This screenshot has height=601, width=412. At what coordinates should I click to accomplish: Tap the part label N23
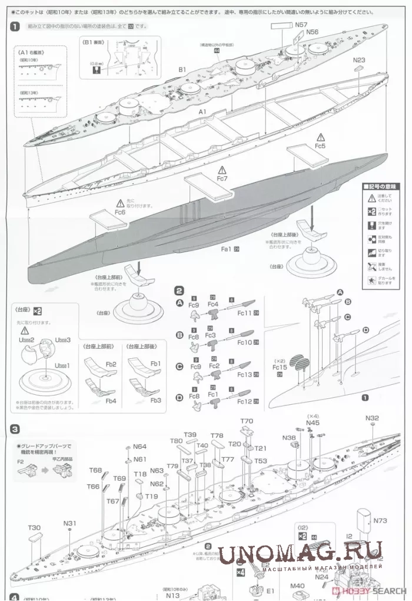pos(359,60)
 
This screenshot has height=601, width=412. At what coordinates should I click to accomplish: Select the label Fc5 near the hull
pos(320,145)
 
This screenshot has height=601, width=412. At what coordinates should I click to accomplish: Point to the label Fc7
pos(222,177)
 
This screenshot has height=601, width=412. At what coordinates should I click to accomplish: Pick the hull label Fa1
pos(225,250)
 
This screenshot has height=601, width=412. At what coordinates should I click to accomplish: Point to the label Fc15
pos(280,366)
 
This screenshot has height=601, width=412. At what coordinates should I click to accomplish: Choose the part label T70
pos(247,421)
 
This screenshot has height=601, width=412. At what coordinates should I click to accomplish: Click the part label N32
pos(372,418)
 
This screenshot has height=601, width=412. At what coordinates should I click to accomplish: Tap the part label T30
pos(34,527)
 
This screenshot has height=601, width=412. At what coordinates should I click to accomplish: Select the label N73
pos(381,521)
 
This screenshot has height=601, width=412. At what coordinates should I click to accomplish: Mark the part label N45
pos(313,423)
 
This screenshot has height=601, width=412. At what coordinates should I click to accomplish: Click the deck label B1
pos(182,70)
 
